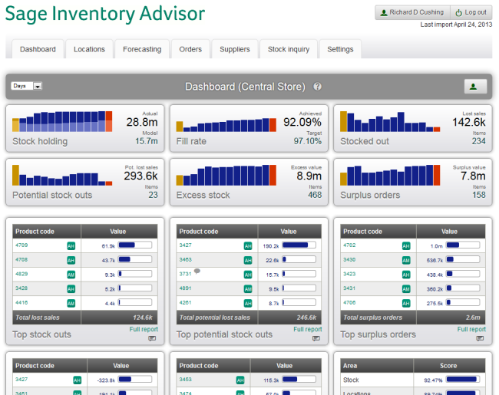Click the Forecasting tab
pyautogui.click(x=142, y=49)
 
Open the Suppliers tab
pyautogui.click(x=235, y=49)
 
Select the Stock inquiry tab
pyautogui.click(x=289, y=49)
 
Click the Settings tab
pyautogui.click(x=340, y=49)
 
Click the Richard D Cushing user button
pyautogui.click(x=411, y=12)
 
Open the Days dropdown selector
pyautogui.click(x=27, y=86)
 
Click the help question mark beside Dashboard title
pyautogui.click(x=317, y=87)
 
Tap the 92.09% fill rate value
pyautogui.click(x=302, y=122)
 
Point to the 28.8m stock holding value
pyautogui.click(x=142, y=122)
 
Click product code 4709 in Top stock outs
pyautogui.click(x=21, y=245)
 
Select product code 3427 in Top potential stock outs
pyautogui.click(x=185, y=245)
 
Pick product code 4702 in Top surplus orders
pyautogui.click(x=349, y=245)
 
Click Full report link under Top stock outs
pyautogui.click(x=144, y=330)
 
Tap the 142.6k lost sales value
pyautogui.click(x=468, y=122)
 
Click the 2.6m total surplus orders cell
pyautogui.click(x=471, y=317)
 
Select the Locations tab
pyautogui.click(x=89, y=49)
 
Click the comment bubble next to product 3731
pyautogui.click(x=197, y=271)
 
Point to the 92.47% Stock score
pyautogui.click(x=426, y=380)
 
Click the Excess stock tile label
pyautogui.click(x=203, y=195)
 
